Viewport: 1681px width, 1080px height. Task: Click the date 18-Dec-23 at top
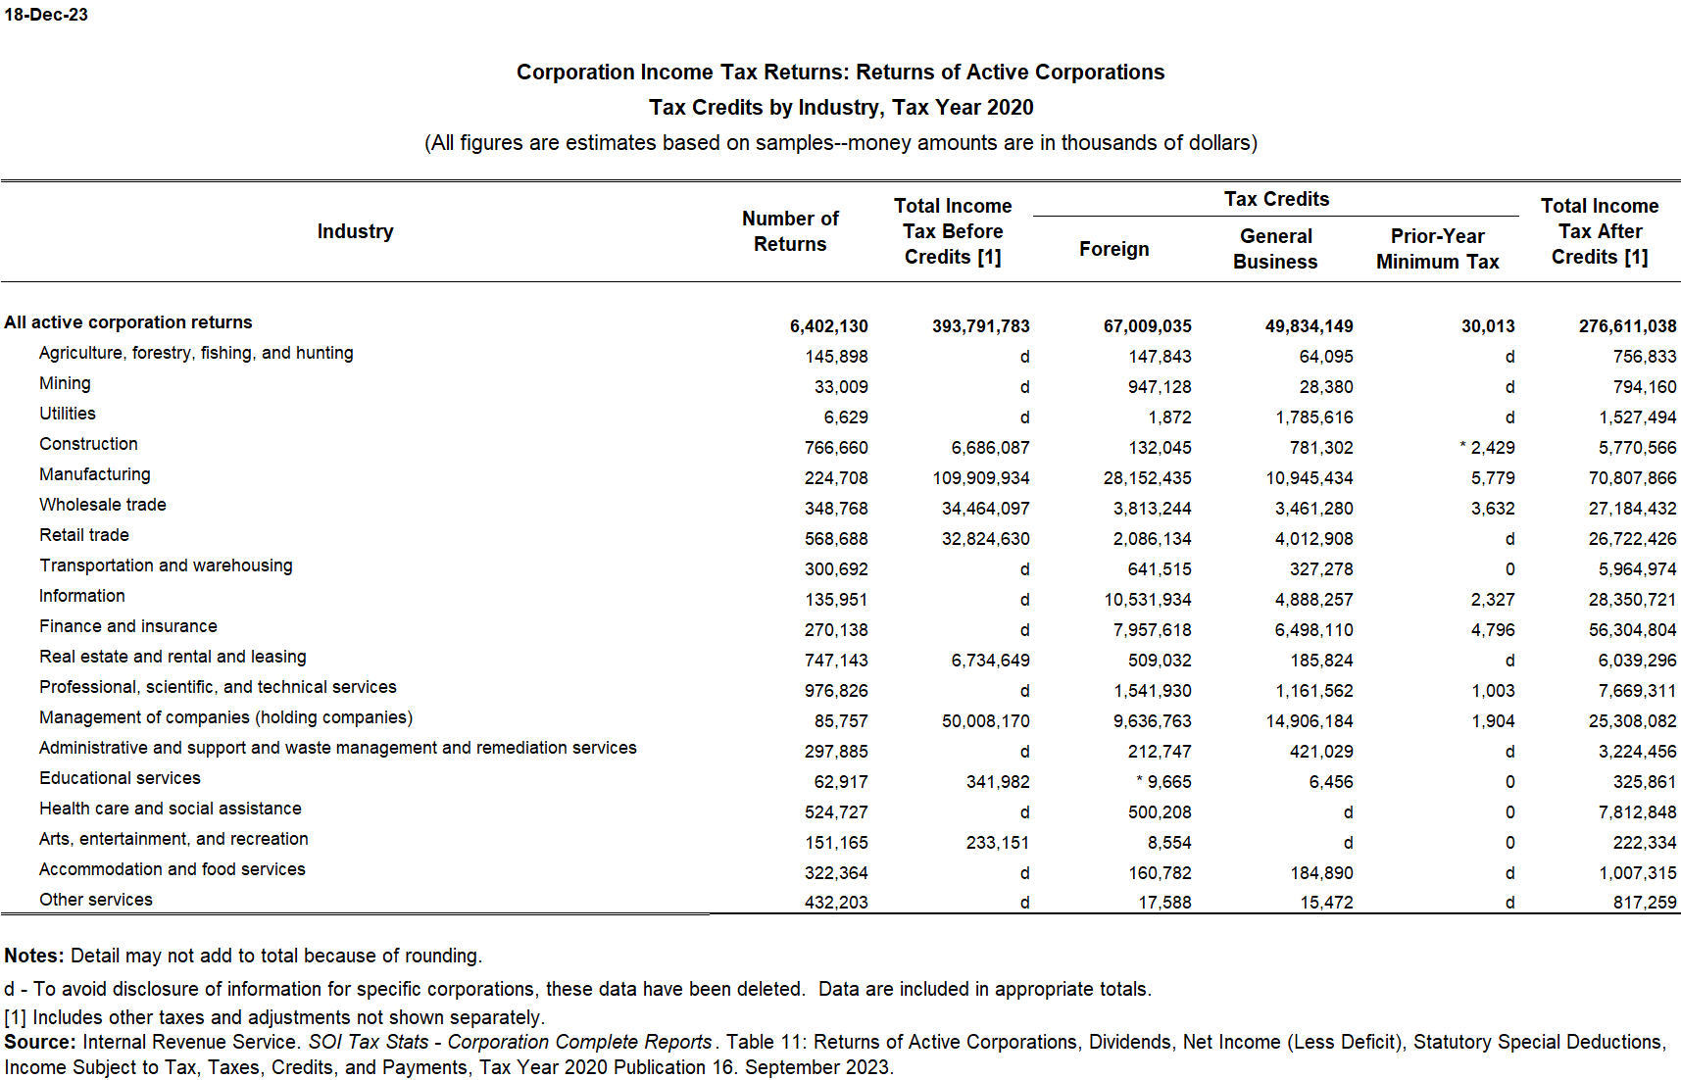[46, 15]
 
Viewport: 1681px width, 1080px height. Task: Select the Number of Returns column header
[790, 231]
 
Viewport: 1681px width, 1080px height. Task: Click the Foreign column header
[1113, 249]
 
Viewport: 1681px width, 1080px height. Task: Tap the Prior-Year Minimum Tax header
[1437, 249]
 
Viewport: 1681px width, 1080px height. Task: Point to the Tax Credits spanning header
[1276, 199]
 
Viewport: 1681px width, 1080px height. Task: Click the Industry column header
[355, 231]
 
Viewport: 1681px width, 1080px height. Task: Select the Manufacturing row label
[95, 474]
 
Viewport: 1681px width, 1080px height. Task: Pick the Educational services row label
[120, 778]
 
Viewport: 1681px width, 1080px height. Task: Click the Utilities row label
[68, 414]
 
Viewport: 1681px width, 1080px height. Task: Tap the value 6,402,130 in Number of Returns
[828, 326]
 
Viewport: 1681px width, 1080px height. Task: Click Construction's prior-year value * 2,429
[1487, 448]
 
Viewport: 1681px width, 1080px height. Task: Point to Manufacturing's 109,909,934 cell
[980, 478]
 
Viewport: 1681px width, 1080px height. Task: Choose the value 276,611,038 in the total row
[1627, 326]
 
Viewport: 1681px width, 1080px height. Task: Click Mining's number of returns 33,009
[840, 387]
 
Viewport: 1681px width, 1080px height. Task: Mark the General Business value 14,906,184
[1309, 721]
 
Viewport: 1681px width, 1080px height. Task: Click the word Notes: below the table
[34, 956]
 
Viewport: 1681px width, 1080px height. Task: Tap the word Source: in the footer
[40, 1042]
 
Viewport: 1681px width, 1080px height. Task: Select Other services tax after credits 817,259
[1644, 903]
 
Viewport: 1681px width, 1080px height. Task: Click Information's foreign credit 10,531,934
[1147, 600]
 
